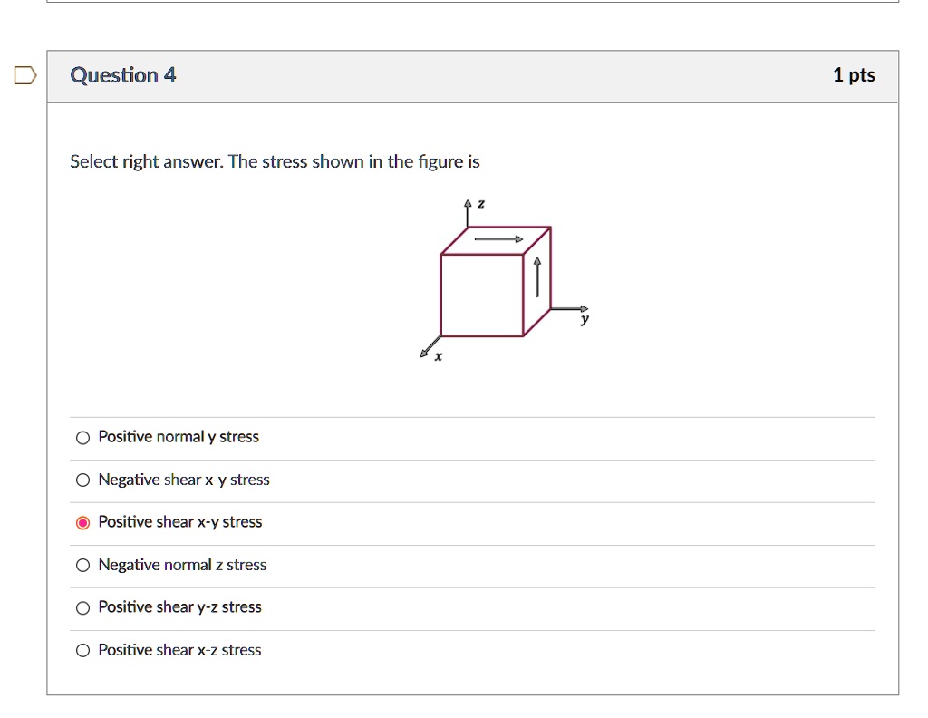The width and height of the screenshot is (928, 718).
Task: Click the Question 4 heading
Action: [x=123, y=75]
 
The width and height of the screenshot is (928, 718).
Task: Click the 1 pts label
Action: [x=854, y=75]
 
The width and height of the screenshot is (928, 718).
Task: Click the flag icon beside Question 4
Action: [x=25, y=75]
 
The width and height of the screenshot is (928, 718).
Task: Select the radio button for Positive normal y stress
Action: [x=82, y=438]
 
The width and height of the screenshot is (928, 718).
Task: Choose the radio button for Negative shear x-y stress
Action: [x=82, y=480]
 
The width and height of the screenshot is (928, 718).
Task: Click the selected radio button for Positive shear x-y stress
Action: [x=82, y=522]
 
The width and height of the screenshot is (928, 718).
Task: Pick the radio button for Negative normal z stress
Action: [x=82, y=566]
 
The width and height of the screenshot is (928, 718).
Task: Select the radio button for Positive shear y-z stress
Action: [x=82, y=608]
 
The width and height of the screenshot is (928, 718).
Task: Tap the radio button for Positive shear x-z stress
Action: [x=82, y=651]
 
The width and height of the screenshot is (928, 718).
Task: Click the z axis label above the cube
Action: [x=481, y=206]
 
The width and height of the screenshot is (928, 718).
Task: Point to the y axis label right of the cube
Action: [x=585, y=320]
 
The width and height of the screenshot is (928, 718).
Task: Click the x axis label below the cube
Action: [x=439, y=357]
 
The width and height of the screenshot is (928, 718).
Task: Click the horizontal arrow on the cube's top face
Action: [x=499, y=239]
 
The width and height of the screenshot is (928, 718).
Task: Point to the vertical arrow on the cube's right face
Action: [x=537, y=277]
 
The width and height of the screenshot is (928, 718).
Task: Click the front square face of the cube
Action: [x=481, y=296]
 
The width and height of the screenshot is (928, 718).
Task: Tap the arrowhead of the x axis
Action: [x=424, y=354]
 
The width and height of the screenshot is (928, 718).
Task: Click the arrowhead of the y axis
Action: [x=584, y=308]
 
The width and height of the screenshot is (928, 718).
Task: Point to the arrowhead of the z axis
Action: [x=468, y=204]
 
